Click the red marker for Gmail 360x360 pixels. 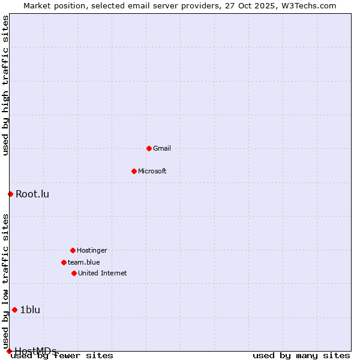[149, 148]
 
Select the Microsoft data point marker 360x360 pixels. [134, 171]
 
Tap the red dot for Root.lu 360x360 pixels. [10, 194]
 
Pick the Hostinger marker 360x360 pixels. [73, 250]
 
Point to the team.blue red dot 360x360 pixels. [64, 262]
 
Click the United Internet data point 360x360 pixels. [74, 273]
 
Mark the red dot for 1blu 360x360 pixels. [14, 310]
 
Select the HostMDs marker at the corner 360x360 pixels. [9, 351]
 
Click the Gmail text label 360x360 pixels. [162, 148]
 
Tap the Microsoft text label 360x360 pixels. [152, 171]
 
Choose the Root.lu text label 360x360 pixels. [32, 194]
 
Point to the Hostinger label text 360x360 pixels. [92, 250]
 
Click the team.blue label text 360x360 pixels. [84, 262]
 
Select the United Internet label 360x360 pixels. [103, 273]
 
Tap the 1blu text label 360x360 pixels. [30, 310]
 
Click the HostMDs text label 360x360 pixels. [35, 351]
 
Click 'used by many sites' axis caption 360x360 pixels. [301, 356]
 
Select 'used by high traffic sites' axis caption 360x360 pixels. [5, 85]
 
